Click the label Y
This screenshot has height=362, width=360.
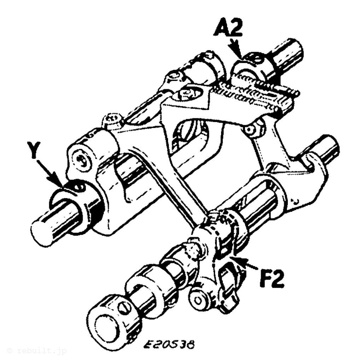(x=34, y=150)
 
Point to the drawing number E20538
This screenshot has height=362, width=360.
(x=168, y=344)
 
